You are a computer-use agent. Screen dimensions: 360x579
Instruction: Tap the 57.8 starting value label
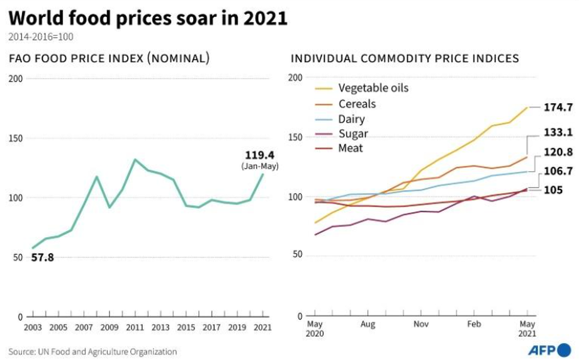[42, 257]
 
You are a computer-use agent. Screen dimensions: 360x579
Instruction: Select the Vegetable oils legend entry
[373, 88]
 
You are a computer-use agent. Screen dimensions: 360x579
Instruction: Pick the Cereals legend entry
[357, 103]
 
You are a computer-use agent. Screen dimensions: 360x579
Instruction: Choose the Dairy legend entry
[351, 118]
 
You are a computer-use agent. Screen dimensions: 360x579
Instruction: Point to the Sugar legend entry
[353, 133]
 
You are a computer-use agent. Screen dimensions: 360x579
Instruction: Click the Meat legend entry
[351, 149]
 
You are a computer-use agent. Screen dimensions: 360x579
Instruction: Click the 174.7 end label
[554, 108]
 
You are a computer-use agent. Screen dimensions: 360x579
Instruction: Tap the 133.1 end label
[554, 133]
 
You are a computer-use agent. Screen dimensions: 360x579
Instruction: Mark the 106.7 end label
[554, 171]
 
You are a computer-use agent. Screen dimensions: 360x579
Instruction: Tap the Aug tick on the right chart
[368, 325]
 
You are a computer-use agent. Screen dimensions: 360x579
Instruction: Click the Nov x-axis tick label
[421, 325]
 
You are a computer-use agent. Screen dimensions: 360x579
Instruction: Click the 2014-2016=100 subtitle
[41, 37]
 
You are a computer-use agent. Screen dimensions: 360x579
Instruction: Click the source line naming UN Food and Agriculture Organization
[93, 352]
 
